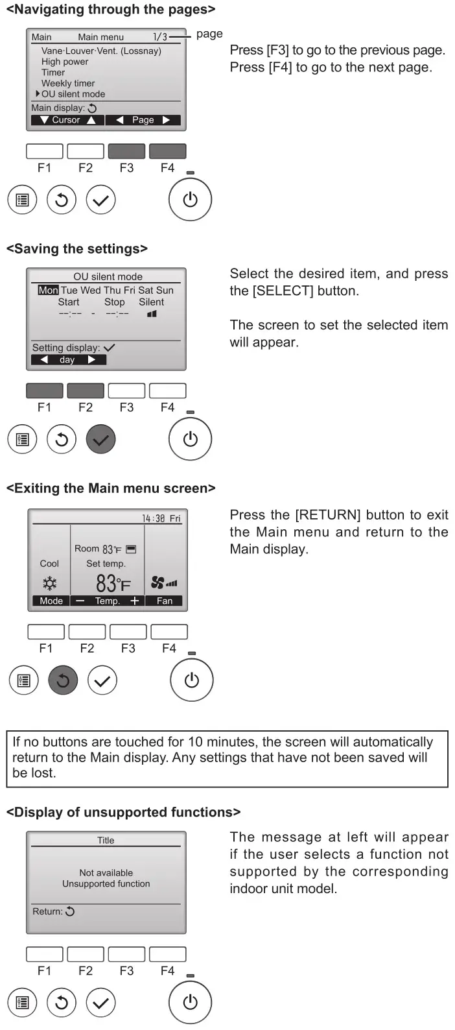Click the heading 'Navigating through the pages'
(x=110, y=10)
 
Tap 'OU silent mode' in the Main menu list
(x=73, y=94)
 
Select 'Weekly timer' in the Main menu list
(x=68, y=83)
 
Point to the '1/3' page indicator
(x=159, y=37)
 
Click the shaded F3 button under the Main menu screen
(x=126, y=151)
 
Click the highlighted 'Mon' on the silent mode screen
(x=48, y=291)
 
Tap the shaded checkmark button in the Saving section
(x=100, y=440)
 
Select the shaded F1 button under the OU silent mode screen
(x=44, y=390)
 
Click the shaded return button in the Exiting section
(x=63, y=680)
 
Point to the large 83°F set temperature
(x=113, y=584)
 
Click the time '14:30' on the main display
(x=154, y=518)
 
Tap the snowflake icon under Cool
(x=49, y=582)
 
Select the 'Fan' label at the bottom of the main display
(x=165, y=601)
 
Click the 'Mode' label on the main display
(x=51, y=601)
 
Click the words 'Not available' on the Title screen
(x=106, y=873)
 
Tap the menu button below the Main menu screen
(x=23, y=200)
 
